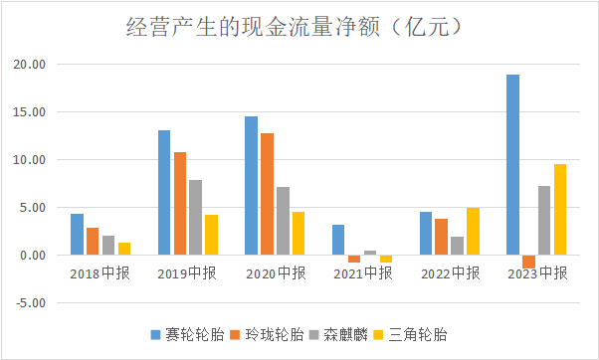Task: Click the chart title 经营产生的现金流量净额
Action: (253, 28)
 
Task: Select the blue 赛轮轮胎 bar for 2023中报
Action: (512, 164)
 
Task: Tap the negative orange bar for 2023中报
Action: (528, 262)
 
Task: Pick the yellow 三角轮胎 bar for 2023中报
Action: (560, 209)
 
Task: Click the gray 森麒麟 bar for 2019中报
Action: (196, 217)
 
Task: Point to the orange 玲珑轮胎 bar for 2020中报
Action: (267, 194)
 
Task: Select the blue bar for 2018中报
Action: (77, 235)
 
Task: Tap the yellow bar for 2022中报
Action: (473, 232)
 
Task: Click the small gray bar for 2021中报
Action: (370, 253)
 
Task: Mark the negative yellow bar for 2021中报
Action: (386, 259)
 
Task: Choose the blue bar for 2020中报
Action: (251, 186)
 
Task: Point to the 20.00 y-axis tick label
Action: (30, 64)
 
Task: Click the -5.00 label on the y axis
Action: (31, 303)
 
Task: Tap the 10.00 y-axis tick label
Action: (30, 159)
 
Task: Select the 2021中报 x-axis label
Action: (363, 273)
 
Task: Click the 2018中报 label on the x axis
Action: (100, 273)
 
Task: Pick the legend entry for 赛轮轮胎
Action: (187, 335)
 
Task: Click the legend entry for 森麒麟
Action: (338, 335)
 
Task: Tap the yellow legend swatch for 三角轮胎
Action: (378, 335)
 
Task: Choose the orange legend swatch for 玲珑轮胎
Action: (235, 335)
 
